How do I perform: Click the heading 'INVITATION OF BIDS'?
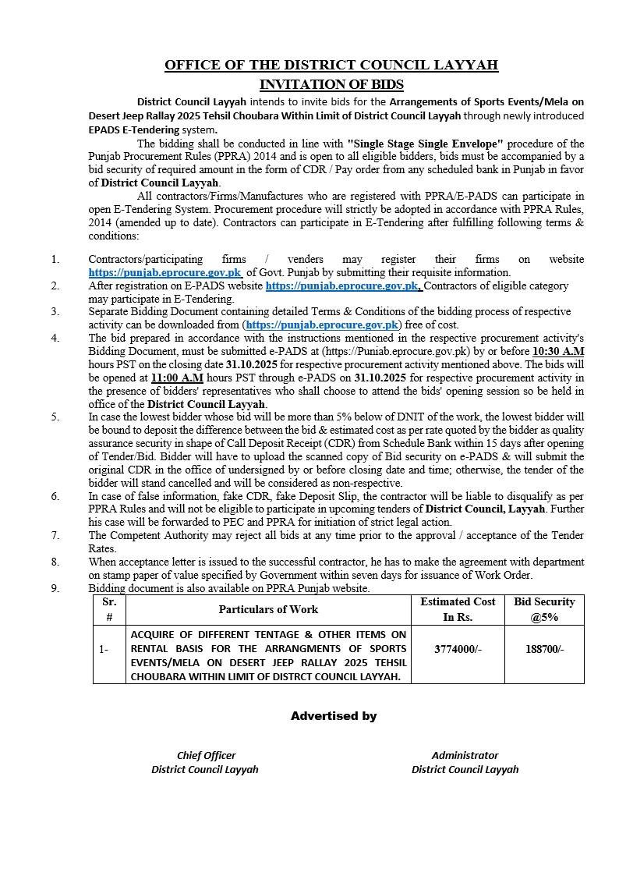click(331, 84)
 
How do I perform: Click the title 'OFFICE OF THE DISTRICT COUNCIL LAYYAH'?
click(331, 66)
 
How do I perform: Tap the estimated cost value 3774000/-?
click(458, 649)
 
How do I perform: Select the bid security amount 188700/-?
click(544, 649)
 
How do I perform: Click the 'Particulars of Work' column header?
click(268, 609)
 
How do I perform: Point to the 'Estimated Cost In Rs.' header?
click(458, 609)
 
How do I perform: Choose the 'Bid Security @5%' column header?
click(544, 609)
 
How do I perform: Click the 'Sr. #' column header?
click(108, 609)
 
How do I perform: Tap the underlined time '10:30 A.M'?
click(558, 351)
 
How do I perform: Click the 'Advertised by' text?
click(334, 715)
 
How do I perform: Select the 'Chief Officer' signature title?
click(206, 755)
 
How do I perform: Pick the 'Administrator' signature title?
click(465, 755)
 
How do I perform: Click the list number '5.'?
click(55, 417)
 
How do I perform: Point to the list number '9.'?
click(55, 588)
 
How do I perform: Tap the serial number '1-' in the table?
click(104, 649)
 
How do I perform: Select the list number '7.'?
click(55, 535)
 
